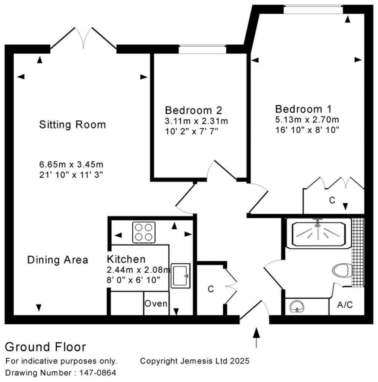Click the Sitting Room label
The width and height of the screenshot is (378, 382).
72,125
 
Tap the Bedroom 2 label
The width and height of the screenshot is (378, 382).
193,110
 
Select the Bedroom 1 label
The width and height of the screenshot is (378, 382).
303,109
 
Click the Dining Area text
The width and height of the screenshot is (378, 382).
57,260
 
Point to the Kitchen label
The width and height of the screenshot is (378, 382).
126,259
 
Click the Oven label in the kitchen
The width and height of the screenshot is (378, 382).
156,304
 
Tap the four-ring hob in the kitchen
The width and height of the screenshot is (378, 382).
144,232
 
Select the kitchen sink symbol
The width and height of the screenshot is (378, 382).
180,276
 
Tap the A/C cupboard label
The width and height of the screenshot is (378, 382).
345,305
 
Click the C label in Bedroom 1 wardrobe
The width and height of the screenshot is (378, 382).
332,200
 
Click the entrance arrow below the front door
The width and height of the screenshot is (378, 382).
256,337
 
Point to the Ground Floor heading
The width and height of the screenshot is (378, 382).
45,347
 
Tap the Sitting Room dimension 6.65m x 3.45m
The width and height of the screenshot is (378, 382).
70,164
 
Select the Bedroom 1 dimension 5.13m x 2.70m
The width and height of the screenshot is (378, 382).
307,120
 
